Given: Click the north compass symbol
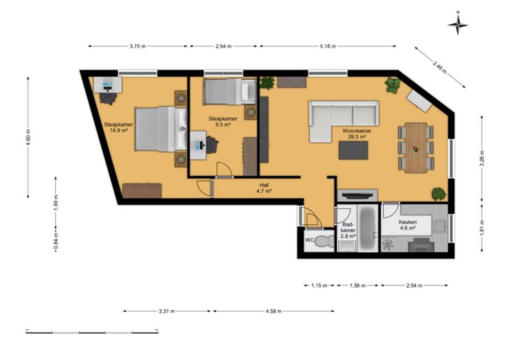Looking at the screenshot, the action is tap(458, 23).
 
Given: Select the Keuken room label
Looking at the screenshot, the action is tap(407, 222).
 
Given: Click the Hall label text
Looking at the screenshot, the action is tap(264, 185).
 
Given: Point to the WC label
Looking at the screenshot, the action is tap(309, 240).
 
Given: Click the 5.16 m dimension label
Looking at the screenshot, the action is tap(328, 46).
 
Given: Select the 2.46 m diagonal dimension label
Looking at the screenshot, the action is tap(440, 66).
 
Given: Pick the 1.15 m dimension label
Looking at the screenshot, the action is tap(319, 285).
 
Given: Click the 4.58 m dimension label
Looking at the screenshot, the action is tap(274, 312).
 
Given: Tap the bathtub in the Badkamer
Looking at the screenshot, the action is tap(368, 227).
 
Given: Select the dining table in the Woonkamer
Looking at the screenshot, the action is tap(416, 148).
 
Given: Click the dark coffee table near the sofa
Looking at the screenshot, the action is tap(353, 151).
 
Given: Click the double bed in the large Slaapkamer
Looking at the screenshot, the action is tap(161, 129).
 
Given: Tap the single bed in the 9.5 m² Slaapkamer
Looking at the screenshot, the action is tap(230, 91).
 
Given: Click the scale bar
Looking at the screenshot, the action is tap(92, 332).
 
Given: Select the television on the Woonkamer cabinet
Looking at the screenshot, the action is tap(358, 196).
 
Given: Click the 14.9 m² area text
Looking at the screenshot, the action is tap(118, 131).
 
